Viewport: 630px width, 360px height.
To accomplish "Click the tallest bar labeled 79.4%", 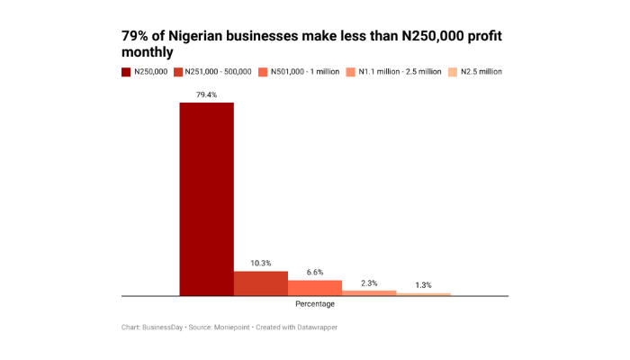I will pyautogui.click(x=206, y=199).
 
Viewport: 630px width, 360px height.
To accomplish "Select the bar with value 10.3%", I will pyautogui.click(x=261, y=283).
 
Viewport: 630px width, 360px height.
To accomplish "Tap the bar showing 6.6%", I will pyautogui.click(x=315, y=287).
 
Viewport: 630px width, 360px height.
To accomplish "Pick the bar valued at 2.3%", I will pyautogui.click(x=369, y=292).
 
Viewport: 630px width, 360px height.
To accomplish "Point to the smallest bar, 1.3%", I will pyautogui.click(x=423, y=293).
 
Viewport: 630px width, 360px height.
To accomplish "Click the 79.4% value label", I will pyautogui.click(x=206, y=94).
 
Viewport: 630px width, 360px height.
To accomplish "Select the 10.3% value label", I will pyautogui.click(x=261, y=263).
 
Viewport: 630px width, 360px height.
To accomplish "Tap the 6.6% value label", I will pyautogui.click(x=315, y=272).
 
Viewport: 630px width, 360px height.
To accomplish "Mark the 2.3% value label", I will pyautogui.click(x=369, y=282).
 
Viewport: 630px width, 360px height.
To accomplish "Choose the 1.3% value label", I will pyautogui.click(x=423, y=284).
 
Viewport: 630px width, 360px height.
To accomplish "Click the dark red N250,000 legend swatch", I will pyautogui.click(x=126, y=70).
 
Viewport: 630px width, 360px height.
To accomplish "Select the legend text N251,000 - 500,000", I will pyautogui.click(x=218, y=70).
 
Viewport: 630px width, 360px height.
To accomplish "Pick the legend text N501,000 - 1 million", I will pyautogui.click(x=306, y=70).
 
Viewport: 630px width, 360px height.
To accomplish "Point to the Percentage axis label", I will pyautogui.click(x=315, y=304).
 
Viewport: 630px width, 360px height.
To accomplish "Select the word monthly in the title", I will pyautogui.click(x=148, y=53).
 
